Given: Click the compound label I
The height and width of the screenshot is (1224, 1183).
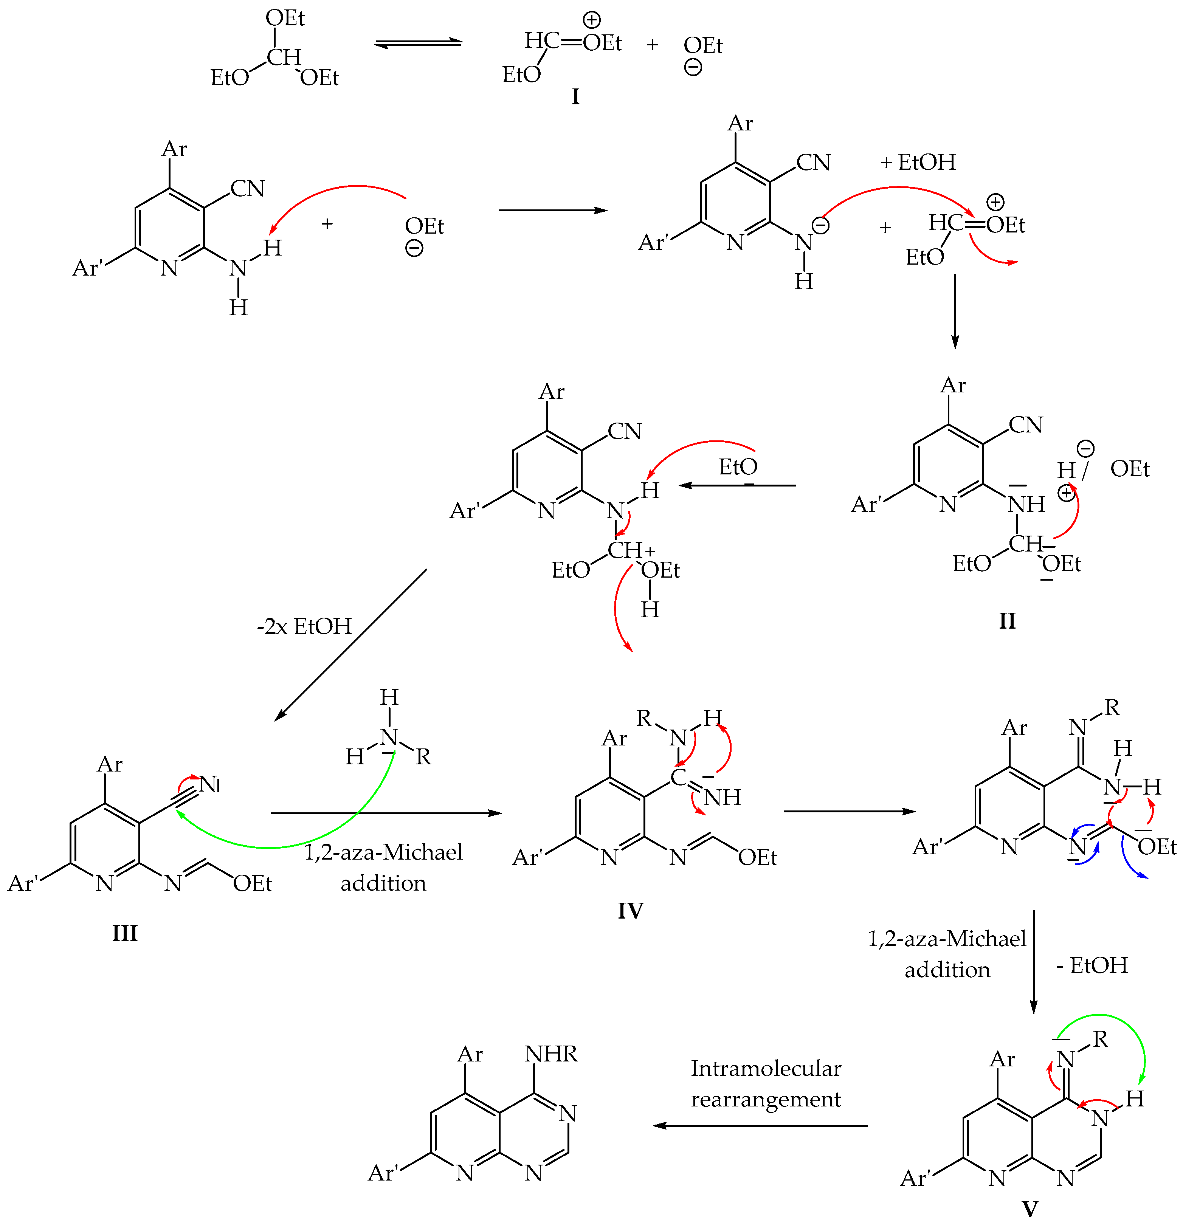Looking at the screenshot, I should pos(575,97).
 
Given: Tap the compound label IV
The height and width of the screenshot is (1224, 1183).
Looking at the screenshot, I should pos(630,911).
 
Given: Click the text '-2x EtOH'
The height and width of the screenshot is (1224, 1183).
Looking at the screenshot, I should pos(304,626).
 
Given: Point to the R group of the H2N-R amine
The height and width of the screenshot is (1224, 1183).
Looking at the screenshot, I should pos(423,757).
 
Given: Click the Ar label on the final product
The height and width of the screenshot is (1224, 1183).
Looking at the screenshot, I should pos(470,1054).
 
